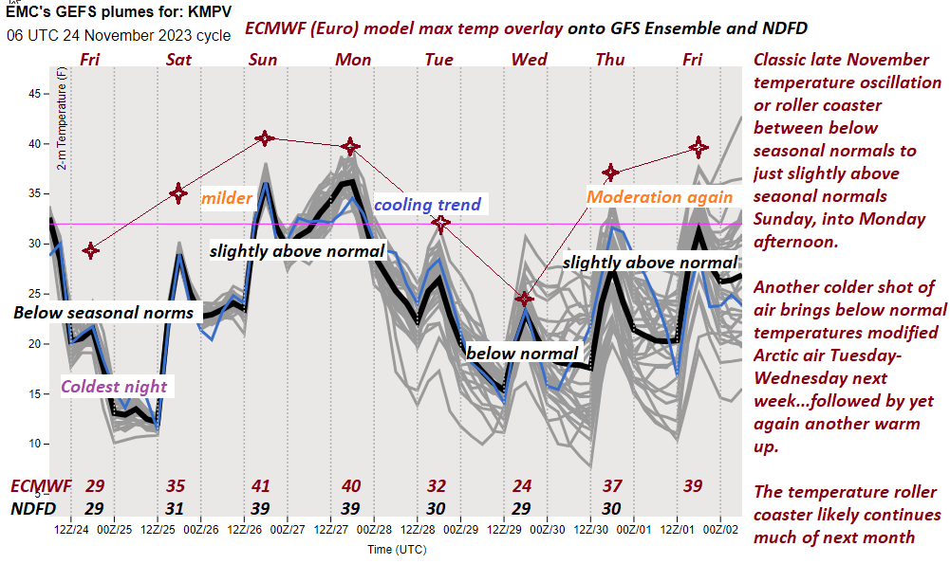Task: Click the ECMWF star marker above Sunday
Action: pos(265,138)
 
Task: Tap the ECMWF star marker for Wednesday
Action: pos(524,299)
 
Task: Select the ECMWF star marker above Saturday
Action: pos(178,193)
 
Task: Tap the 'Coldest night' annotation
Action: pos(114,387)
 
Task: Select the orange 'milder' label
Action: pos(226,198)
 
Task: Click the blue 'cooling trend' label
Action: pos(427,205)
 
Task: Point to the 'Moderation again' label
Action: pos(660,197)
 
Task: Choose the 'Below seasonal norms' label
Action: pos(103,313)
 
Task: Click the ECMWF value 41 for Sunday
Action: pos(261,486)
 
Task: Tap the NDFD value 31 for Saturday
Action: pos(176,508)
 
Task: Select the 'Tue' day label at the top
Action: pos(438,60)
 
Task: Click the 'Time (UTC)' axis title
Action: pos(396,549)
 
